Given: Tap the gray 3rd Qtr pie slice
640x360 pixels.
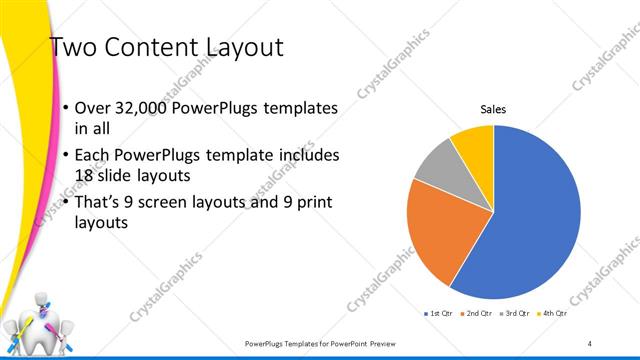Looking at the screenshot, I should point(436,169).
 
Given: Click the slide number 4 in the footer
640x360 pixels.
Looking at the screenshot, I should point(590,343).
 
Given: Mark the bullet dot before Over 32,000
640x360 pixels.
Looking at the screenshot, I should point(66,108).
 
